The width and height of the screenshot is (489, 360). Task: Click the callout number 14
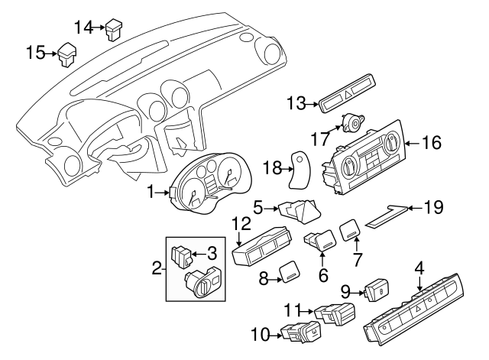click(x=83, y=28)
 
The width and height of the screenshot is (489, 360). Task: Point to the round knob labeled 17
click(x=353, y=122)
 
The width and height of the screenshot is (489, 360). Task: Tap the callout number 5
click(x=258, y=206)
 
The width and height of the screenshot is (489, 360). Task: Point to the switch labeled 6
click(x=319, y=242)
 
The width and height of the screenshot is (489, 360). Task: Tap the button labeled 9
click(x=377, y=290)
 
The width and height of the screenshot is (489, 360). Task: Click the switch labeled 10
click(x=300, y=332)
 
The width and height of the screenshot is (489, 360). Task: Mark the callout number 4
click(x=419, y=268)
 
